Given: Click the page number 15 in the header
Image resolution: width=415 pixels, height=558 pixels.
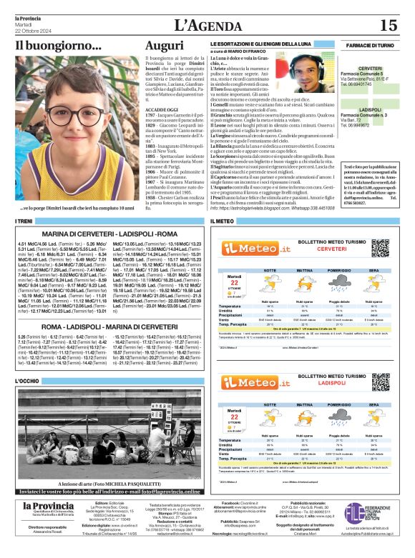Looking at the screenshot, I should (x=388, y=26).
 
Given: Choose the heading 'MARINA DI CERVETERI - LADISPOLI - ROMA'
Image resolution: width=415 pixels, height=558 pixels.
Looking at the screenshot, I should (x=109, y=234).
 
